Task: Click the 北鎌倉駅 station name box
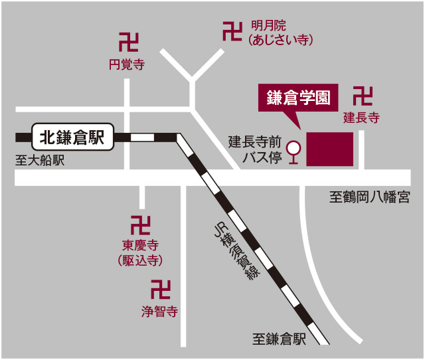pos(72,137)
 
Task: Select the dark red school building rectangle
pos(329,149)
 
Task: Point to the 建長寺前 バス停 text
pos(255,149)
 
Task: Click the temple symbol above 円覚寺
pos(128,43)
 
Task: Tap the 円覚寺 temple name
pos(126,64)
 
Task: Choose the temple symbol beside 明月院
pos(232,31)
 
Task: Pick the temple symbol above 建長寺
pos(363,96)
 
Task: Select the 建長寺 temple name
pos(361,118)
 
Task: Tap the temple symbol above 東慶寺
pos(140,225)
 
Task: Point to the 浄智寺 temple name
pos(160,310)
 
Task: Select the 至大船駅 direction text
pos(39,161)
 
